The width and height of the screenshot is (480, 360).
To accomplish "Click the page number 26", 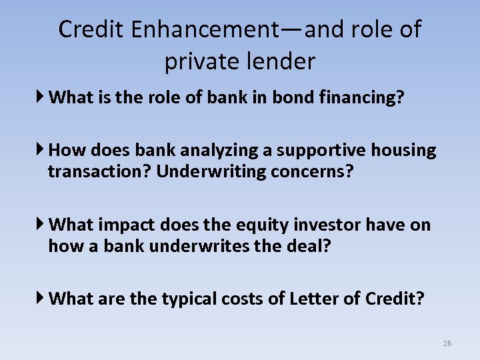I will pyautogui.click(x=447, y=343).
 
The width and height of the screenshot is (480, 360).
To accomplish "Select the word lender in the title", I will pyautogui.click(x=282, y=61).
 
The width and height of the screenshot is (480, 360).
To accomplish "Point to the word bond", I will pyautogui.click(x=283, y=97).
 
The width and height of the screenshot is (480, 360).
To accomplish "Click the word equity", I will pyautogui.click(x=260, y=225).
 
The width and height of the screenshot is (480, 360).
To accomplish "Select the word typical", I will pyautogui.click(x=189, y=299).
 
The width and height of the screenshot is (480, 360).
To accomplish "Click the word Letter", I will pyautogui.click(x=312, y=299).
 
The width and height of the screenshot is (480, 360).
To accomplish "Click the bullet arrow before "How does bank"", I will pyautogui.click(x=41, y=150).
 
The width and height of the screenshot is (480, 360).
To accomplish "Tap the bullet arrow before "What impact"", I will pyautogui.click(x=41, y=225).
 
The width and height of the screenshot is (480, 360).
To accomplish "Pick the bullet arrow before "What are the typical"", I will pyautogui.click(x=41, y=298).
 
